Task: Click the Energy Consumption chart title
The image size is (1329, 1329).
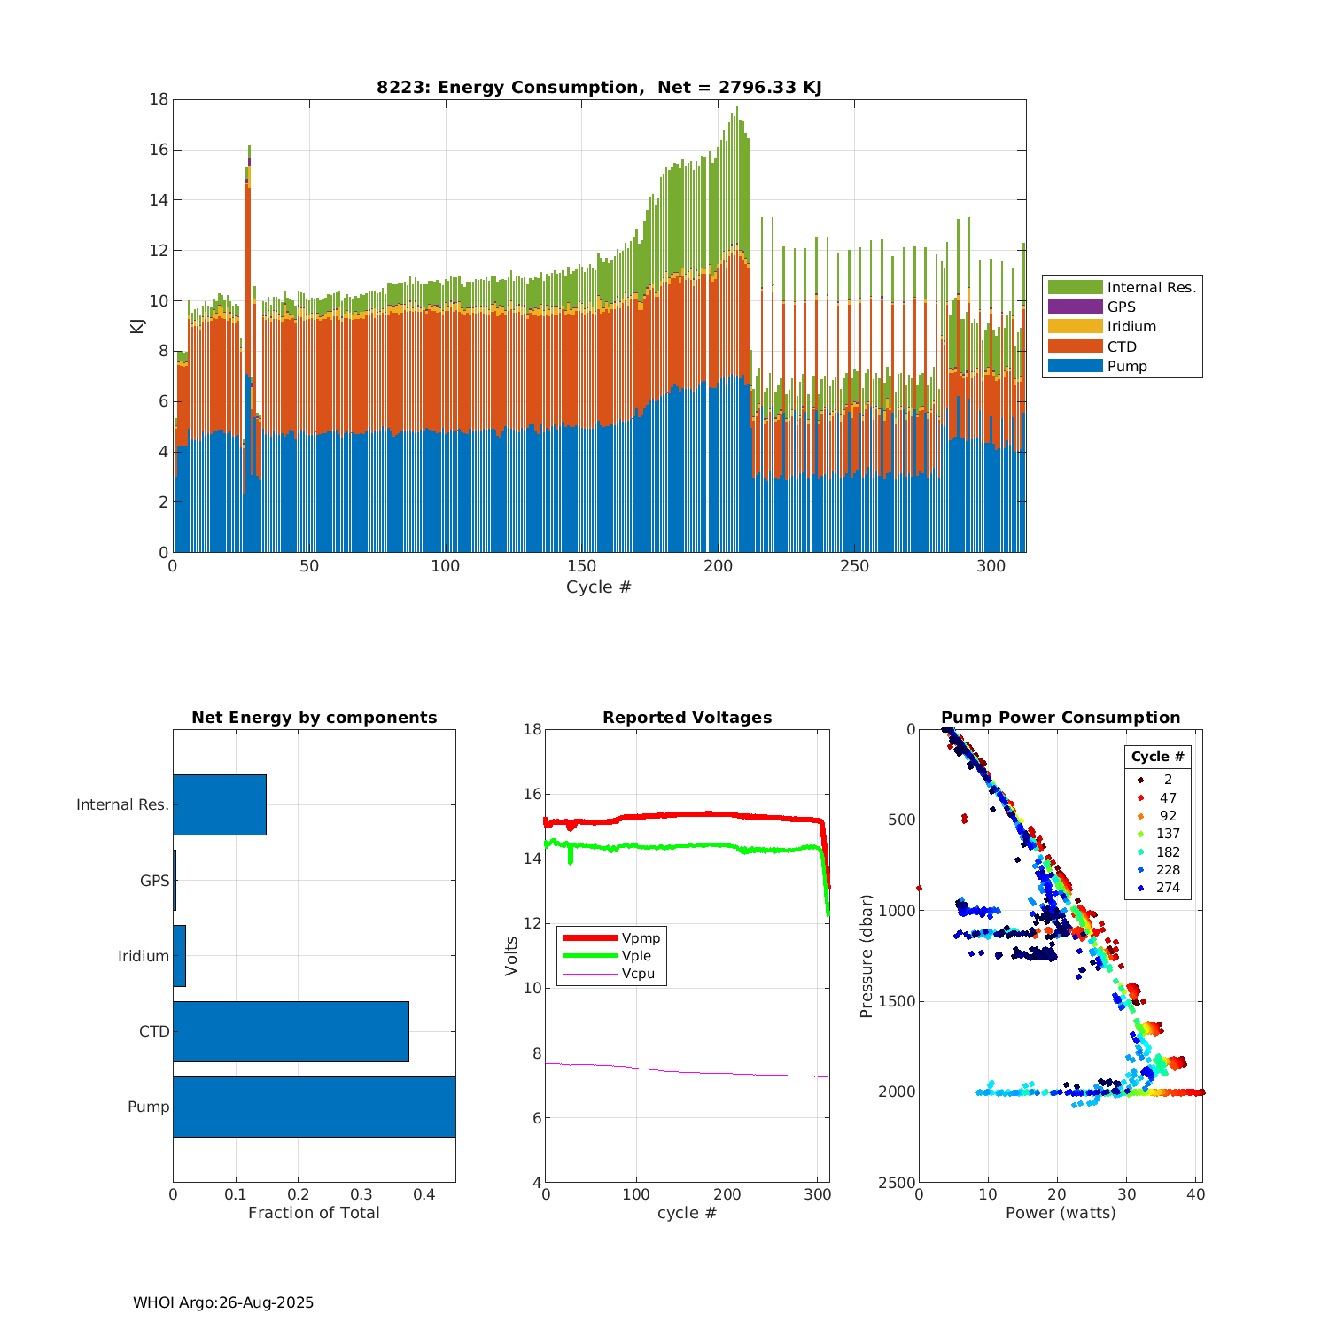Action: click(x=599, y=87)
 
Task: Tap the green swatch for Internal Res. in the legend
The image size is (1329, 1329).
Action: click(x=1075, y=287)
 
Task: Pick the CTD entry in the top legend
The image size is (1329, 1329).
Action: click(x=1121, y=346)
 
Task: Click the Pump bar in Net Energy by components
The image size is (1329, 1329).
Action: click(x=314, y=1107)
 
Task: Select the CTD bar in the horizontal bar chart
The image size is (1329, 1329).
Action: click(x=291, y=1031)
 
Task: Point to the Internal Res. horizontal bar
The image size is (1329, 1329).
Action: click(x=219, y=804)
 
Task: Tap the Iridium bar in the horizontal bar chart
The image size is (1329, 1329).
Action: click(x=179, y=956)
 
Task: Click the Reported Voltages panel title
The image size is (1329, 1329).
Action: click(x=687, y=718)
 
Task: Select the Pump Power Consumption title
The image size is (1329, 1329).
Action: click(x=1061, y=718)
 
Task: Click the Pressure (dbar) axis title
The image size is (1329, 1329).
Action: click(x=867, y=956)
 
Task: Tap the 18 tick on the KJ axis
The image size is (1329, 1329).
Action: click(x=159, y=99)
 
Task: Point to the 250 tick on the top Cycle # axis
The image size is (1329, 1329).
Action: click(x=855, y=566)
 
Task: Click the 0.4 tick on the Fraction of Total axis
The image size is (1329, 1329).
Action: click(x=424, y=1194)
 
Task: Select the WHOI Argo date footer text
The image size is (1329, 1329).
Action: click(x=223, y=1302)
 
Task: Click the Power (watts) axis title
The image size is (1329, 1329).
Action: click(x=1061, y=1213)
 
